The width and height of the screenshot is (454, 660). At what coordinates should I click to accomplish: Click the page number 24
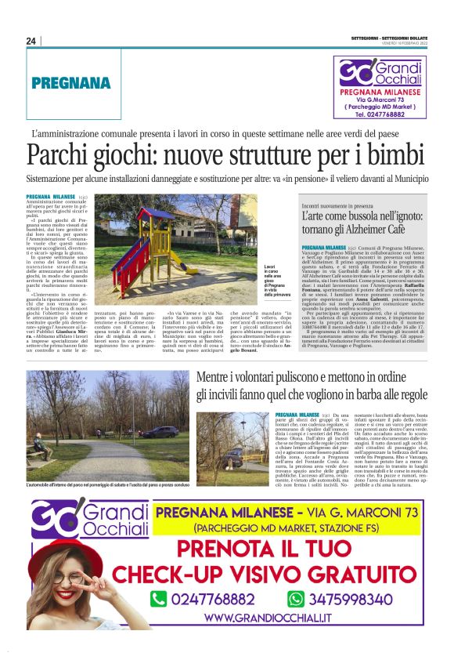[31, 42]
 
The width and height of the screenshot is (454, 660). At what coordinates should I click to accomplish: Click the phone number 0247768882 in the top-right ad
[378, 114]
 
